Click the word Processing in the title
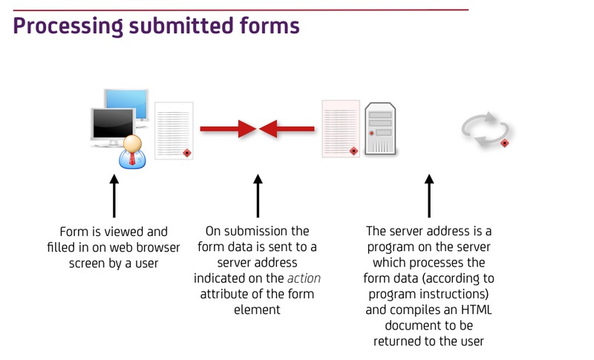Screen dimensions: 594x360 (68, 27)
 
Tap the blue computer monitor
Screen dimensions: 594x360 (126, 104)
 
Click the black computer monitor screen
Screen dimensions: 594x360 (114, 123)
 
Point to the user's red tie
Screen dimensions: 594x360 (132, 158)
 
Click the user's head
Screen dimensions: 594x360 (132, 143)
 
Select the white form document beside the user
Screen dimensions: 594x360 (174, 131)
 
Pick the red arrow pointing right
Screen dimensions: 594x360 (229, 129)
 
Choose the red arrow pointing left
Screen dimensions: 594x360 (287, 129)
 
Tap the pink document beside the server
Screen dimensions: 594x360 (341, 128)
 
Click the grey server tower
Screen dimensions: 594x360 (380, 128)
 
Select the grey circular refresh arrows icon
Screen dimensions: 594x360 (486, 129)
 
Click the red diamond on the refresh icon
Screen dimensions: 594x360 (504, 143)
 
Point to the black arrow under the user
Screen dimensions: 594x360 (114, 196)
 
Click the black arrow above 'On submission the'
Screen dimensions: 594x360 (258, 196)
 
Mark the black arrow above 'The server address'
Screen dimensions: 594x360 (429, 196)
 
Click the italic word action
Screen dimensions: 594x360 (304, 278)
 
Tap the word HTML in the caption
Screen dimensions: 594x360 (476, 310)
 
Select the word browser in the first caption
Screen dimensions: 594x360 (158, 248)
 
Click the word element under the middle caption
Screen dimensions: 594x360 (257, 310)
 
